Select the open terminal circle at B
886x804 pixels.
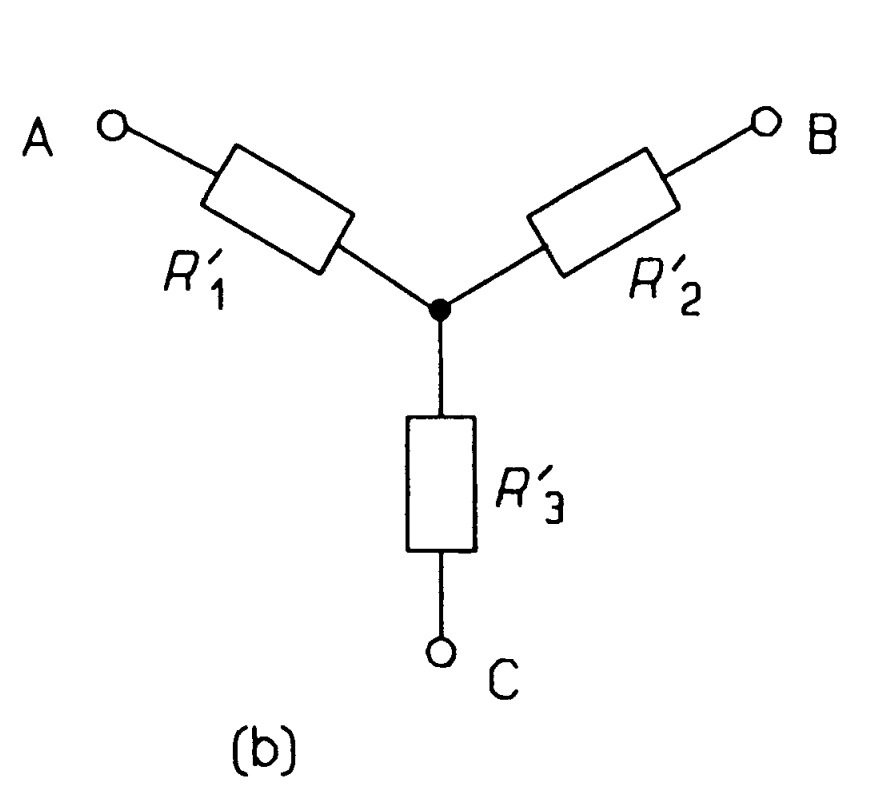point(767,122)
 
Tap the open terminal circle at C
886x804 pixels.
point(439,651)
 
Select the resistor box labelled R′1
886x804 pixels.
point(277,208)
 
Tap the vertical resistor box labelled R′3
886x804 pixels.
point(440,481)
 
